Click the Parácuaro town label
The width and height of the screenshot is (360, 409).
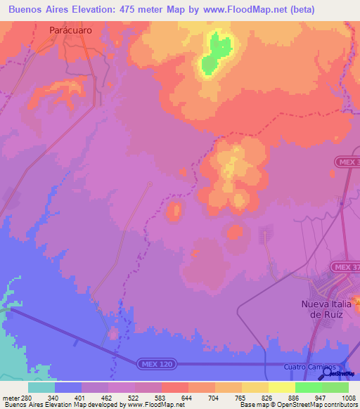tap(70, 30)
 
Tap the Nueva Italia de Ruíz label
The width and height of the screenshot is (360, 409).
tap(325, 309)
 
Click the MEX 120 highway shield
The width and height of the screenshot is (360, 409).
tap(157, 363)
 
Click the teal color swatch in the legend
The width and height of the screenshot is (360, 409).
tap(41, 387)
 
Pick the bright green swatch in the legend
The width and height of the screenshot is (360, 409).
tap(309, 387)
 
